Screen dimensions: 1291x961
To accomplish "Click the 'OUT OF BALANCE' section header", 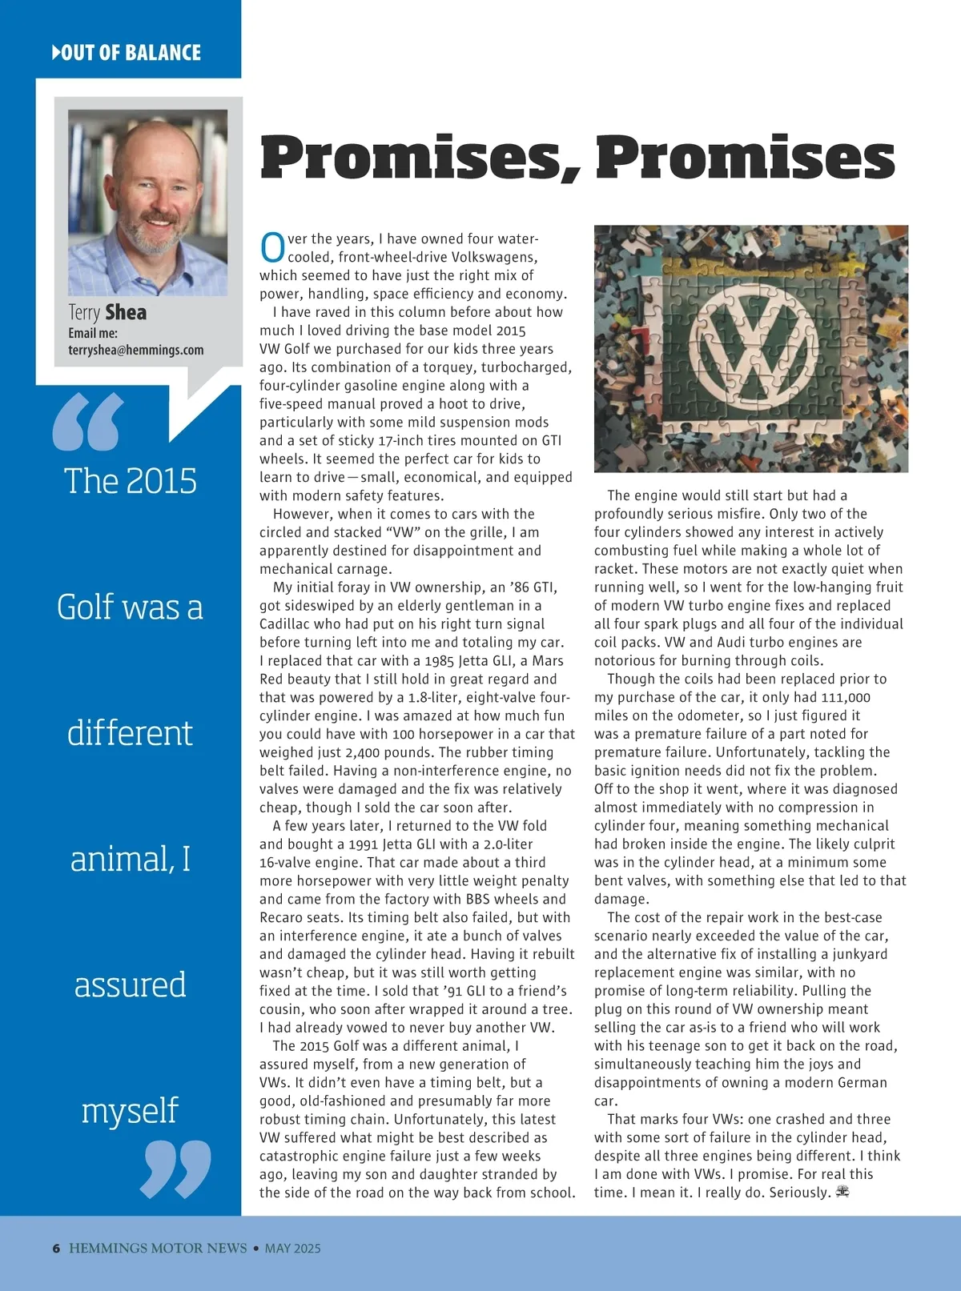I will pos(127,53).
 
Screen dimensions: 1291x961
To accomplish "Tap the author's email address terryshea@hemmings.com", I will pos(135,350).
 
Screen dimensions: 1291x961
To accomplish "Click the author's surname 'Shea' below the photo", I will pos(126,312).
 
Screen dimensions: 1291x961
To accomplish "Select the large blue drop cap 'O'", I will pos(272,247).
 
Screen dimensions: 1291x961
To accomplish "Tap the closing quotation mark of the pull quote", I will pos(175,1169).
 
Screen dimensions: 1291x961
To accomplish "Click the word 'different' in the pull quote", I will pos(130,733).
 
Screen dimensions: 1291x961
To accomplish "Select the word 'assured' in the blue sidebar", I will pos(130,984).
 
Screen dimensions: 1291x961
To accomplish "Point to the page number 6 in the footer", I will pos(56,1248).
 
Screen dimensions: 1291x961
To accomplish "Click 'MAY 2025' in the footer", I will pos(292,1248).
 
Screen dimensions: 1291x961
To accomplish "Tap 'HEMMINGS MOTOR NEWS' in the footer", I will pos(158,1248).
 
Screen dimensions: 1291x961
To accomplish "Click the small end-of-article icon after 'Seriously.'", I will pos(842,1192).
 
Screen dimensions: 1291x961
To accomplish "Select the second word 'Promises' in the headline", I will pos(745,157).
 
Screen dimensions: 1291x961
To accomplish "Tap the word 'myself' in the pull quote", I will pos(130,1111).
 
